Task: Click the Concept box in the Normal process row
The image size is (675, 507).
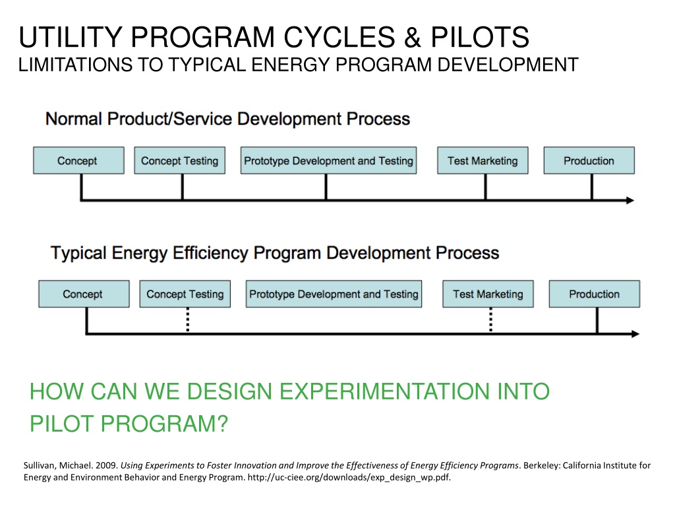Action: (x=78, y=160)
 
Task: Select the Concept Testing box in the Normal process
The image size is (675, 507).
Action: (x=179, y=160)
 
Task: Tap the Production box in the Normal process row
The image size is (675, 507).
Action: (x=589, y=160)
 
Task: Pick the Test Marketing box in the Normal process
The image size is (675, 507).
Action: (x=483, y=160)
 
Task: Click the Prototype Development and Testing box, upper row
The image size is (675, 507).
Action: (x=328, y=160)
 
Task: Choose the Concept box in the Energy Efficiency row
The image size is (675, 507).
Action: (x=83, y=294)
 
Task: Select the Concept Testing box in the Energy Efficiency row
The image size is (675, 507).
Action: (x=185, y=294)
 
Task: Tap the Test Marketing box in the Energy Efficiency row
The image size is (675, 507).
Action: (x=488, y=294)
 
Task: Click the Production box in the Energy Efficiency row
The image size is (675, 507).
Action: (x=594, y=294)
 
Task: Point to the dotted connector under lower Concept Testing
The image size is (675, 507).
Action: (x=187, y=320)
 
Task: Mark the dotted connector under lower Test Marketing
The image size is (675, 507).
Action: (x=490, y=320)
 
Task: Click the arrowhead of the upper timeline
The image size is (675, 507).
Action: (x=630, y=200)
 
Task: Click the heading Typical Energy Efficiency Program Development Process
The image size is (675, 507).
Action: (x=275, y=253)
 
